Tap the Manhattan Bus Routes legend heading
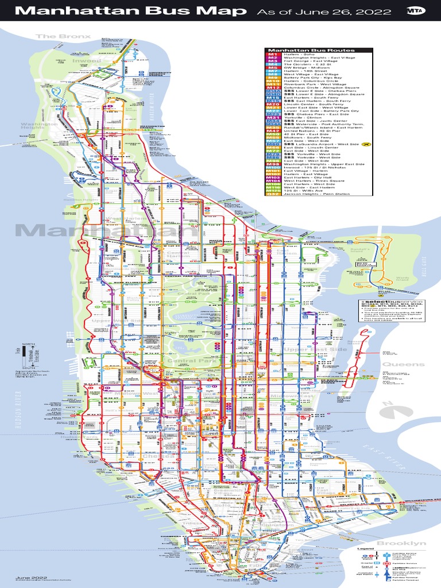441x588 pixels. point(301,50)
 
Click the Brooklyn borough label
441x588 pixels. point(401,543)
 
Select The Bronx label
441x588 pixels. point(55,36)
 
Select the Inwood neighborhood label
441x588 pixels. point(87,60)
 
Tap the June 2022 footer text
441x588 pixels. point(27,577)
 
